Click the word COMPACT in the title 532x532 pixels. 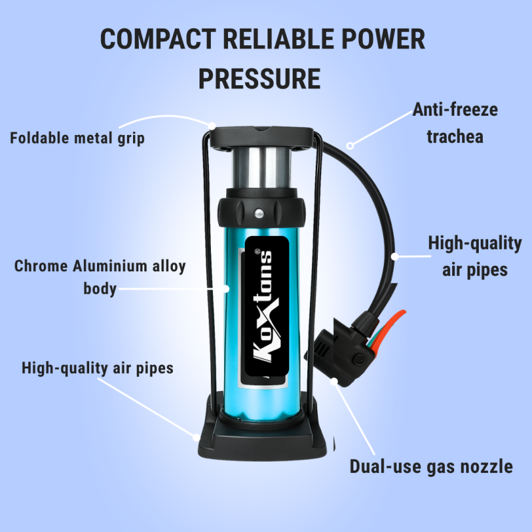click(158, 39)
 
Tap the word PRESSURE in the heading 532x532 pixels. click(259, 78)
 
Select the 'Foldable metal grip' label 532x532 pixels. click(77, 138)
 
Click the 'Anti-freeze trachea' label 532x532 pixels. click(455, 123)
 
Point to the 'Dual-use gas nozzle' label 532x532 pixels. click(431, 466)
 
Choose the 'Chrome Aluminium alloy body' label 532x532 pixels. click(100, 277)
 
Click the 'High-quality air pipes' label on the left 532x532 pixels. click(97, 368)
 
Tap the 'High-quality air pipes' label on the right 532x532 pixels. click(475, 257)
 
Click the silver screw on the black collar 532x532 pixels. click(259, 213)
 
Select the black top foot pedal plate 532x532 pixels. click(261, 137)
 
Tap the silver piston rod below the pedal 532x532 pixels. click(261, 168)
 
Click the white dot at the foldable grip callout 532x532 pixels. click(211, 126)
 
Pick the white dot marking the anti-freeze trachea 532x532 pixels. click(350, 146)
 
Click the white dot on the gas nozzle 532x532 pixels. click(334, 382)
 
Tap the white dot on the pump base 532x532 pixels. click(197, 438)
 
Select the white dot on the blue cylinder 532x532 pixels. click(226, 289)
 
